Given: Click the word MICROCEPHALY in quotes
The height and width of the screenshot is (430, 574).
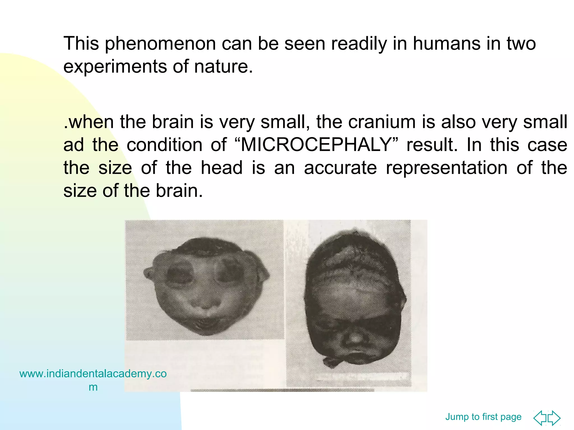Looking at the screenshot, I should click(x=316, y=145).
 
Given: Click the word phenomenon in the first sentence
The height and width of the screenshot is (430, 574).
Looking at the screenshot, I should click(x=160, y=44).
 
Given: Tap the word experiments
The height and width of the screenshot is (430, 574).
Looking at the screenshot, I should click(x=115, y=67).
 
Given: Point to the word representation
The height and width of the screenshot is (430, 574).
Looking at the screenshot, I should click(x=446, y=168).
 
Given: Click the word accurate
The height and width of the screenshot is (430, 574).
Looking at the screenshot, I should click(x=340, y=168).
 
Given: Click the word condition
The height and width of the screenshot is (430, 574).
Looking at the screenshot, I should click(x=164, y=145).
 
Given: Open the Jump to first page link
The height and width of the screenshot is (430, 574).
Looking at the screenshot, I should click(x=483, y=417).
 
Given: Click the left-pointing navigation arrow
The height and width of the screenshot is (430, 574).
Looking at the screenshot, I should click(x=540, y=418).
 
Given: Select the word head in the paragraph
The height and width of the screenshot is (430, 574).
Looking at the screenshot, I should click(x=222, y=168).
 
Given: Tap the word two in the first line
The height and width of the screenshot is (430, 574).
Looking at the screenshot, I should click(x=521, y=44).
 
